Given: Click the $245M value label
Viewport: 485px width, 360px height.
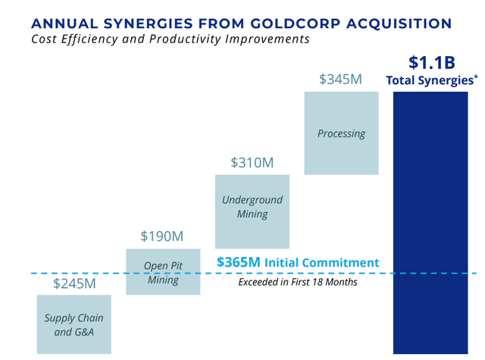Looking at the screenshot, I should [x=74, y=284].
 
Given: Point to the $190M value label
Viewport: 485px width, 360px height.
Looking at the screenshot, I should [x=162, y=236].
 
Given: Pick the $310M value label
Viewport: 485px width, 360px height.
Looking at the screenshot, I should [x=252, y=163].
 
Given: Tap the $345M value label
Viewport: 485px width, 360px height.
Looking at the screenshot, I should [x=340, y=79].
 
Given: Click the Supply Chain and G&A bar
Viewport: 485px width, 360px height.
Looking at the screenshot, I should [x=74, y=324].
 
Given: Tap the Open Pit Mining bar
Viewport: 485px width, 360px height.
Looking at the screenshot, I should [x=163, y=271].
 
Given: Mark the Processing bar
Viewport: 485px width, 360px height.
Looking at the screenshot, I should [x=341, y=133].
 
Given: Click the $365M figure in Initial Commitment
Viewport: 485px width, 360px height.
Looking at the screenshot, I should [x=238, y=262].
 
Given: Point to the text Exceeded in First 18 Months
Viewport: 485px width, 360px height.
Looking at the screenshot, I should [x=297, y=282].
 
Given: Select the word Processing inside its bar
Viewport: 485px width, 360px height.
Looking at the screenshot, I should [x=341, y=133].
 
